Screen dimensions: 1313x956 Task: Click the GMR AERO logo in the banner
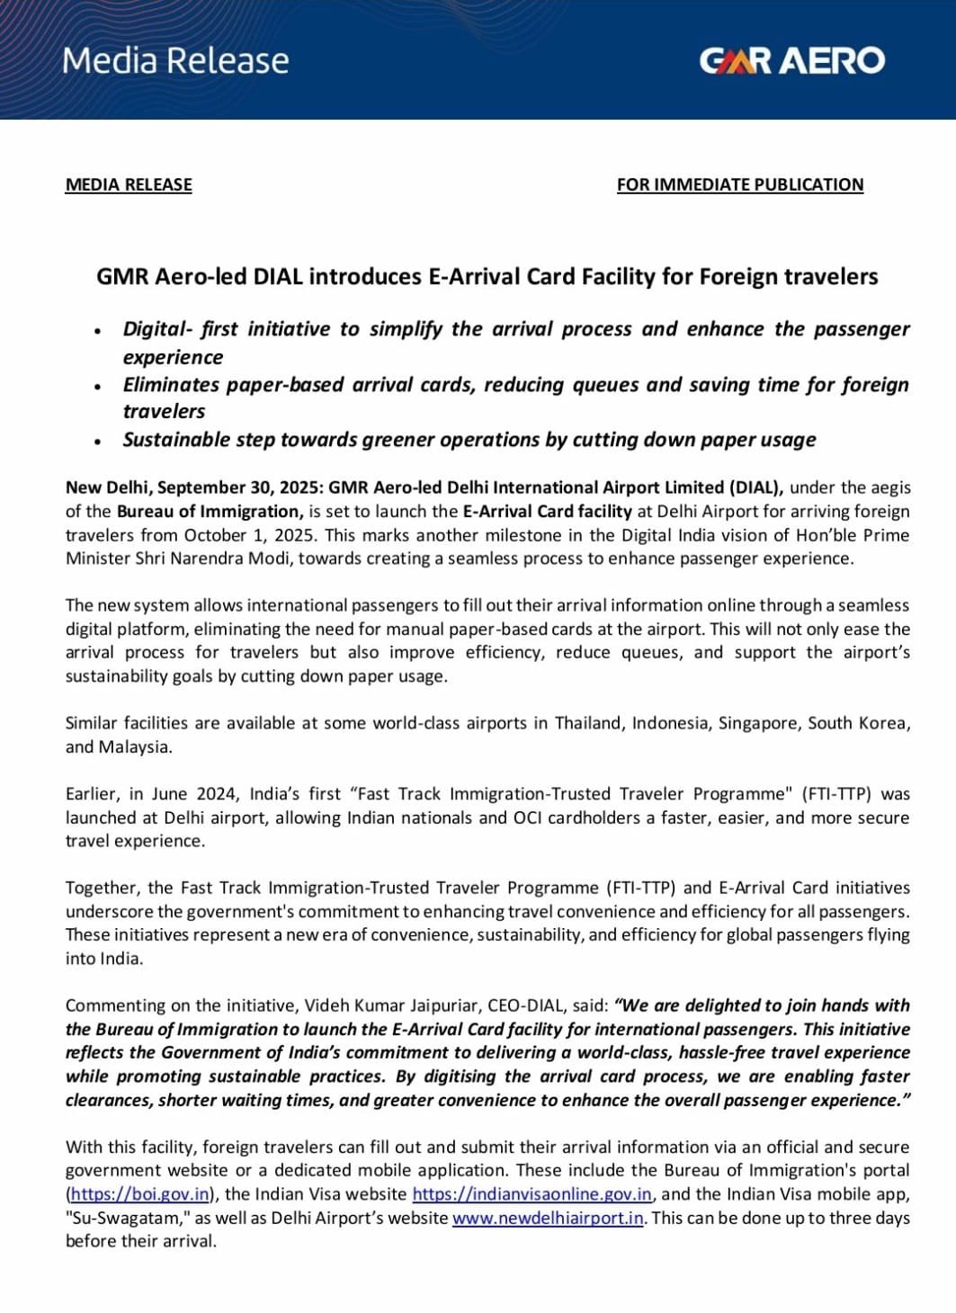coord(791,60)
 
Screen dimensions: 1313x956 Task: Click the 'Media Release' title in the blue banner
coord(175,60)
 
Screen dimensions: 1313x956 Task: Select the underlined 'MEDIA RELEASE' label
coord(129,184)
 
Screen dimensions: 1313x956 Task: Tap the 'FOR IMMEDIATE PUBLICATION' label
coord(739,184)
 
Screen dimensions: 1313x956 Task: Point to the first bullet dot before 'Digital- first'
coord(97,330)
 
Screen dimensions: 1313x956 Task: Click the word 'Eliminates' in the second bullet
coord(171,385)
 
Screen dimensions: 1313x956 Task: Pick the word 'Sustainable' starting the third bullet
coord(176,440)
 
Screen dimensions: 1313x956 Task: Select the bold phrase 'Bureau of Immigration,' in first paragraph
coord(210,511)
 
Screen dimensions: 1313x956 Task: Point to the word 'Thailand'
coord(588,723)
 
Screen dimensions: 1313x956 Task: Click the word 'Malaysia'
coord(134,746)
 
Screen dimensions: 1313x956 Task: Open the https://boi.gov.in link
coord(140,1194)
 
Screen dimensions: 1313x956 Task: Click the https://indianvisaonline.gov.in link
coord(532,1194)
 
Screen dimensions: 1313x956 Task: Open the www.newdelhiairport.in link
coord(548,1218)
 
